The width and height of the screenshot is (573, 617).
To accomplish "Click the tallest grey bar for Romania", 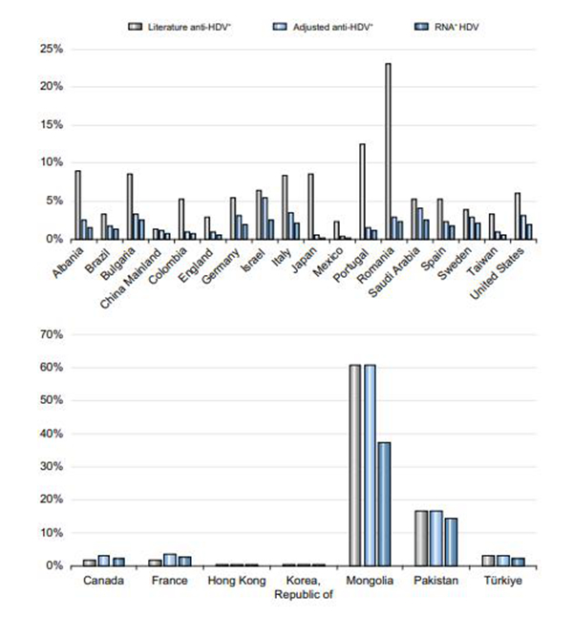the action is point(388,151).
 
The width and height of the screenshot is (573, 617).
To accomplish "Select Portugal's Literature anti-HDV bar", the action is point(362,191).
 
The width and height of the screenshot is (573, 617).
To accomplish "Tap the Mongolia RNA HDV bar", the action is point(385,504).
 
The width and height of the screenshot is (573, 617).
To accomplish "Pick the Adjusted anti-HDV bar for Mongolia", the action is point(370,465).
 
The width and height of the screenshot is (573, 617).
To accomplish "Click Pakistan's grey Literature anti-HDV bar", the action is point(421,539).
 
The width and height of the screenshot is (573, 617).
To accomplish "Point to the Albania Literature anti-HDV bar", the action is point(78,205).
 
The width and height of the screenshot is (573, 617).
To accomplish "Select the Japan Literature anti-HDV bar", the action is point(311,206).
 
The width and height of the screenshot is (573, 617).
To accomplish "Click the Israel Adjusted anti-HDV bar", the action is point(265,219).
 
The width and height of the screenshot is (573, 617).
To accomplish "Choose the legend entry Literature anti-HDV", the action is point(180,27).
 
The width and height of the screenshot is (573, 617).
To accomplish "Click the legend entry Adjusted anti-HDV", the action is point(323,27).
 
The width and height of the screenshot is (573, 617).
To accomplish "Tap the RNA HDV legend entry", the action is point(447,27).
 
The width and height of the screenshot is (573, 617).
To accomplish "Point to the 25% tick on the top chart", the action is point(52,49).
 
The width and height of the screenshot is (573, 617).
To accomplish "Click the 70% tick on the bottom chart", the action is point(52,334).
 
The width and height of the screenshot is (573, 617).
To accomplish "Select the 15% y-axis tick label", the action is point(52,125).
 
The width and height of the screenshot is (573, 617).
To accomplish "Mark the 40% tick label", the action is point(52,434).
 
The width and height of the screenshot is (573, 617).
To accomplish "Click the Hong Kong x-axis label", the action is point(237,581).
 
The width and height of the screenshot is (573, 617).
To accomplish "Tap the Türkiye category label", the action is point(503,581).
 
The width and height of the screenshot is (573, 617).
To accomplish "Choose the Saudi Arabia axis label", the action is point(393,272).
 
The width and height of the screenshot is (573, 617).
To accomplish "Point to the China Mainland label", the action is point(131,277).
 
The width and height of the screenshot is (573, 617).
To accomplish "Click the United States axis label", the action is point(497,273).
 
